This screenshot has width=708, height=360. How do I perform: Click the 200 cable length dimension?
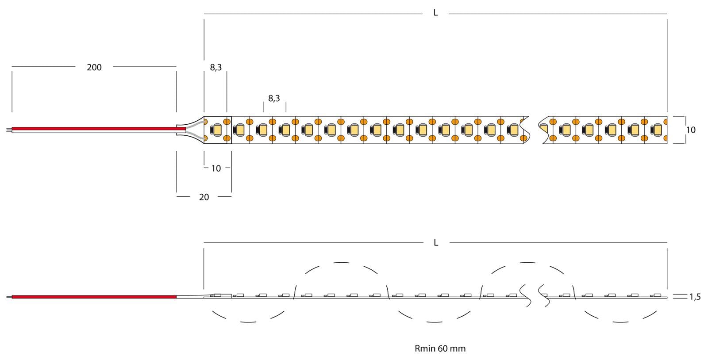coord(94,67)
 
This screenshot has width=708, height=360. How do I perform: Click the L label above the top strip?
coord(435,13)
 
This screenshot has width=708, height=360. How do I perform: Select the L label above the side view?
coord(436,242)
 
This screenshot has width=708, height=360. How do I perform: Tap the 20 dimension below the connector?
coord(204,197)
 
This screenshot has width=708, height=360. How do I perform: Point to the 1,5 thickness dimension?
coord(695,297)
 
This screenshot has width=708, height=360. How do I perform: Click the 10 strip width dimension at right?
coord(691,130)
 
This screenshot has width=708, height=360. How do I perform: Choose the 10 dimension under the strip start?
coord(216,169)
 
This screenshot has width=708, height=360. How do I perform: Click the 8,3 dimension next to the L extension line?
coord(216,67)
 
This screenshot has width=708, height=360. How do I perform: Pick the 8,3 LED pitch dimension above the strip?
coord(274,99)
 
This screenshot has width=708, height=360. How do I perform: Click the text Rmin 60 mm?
coord(440,349)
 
